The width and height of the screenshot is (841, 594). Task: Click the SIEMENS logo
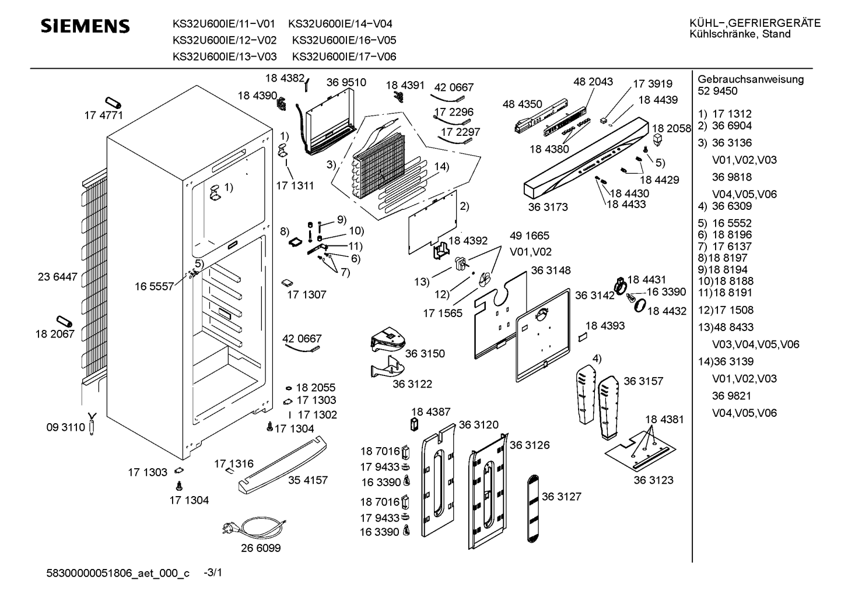click(x=85, y=26)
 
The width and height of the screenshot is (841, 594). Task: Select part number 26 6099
click(x=261, y=549)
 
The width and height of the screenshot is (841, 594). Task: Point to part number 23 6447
click(x=57, y=277)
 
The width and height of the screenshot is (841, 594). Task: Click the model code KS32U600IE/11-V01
click(x=223, y=24)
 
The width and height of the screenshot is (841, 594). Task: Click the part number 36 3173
click(x=548, y=207)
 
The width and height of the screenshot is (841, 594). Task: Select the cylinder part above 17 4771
click(x=112, y=102)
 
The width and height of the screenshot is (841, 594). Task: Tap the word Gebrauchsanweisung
click(x=751, y=79)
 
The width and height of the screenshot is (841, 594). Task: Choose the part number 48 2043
click(x=593, y=82)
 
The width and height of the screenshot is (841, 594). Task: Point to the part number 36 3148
click(x=551, y=270)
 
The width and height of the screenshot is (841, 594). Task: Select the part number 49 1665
click(x=530, y=236)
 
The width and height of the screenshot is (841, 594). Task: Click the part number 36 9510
click(x=346, y=82)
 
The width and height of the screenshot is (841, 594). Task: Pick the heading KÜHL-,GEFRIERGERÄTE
click(x=755, y=23)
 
